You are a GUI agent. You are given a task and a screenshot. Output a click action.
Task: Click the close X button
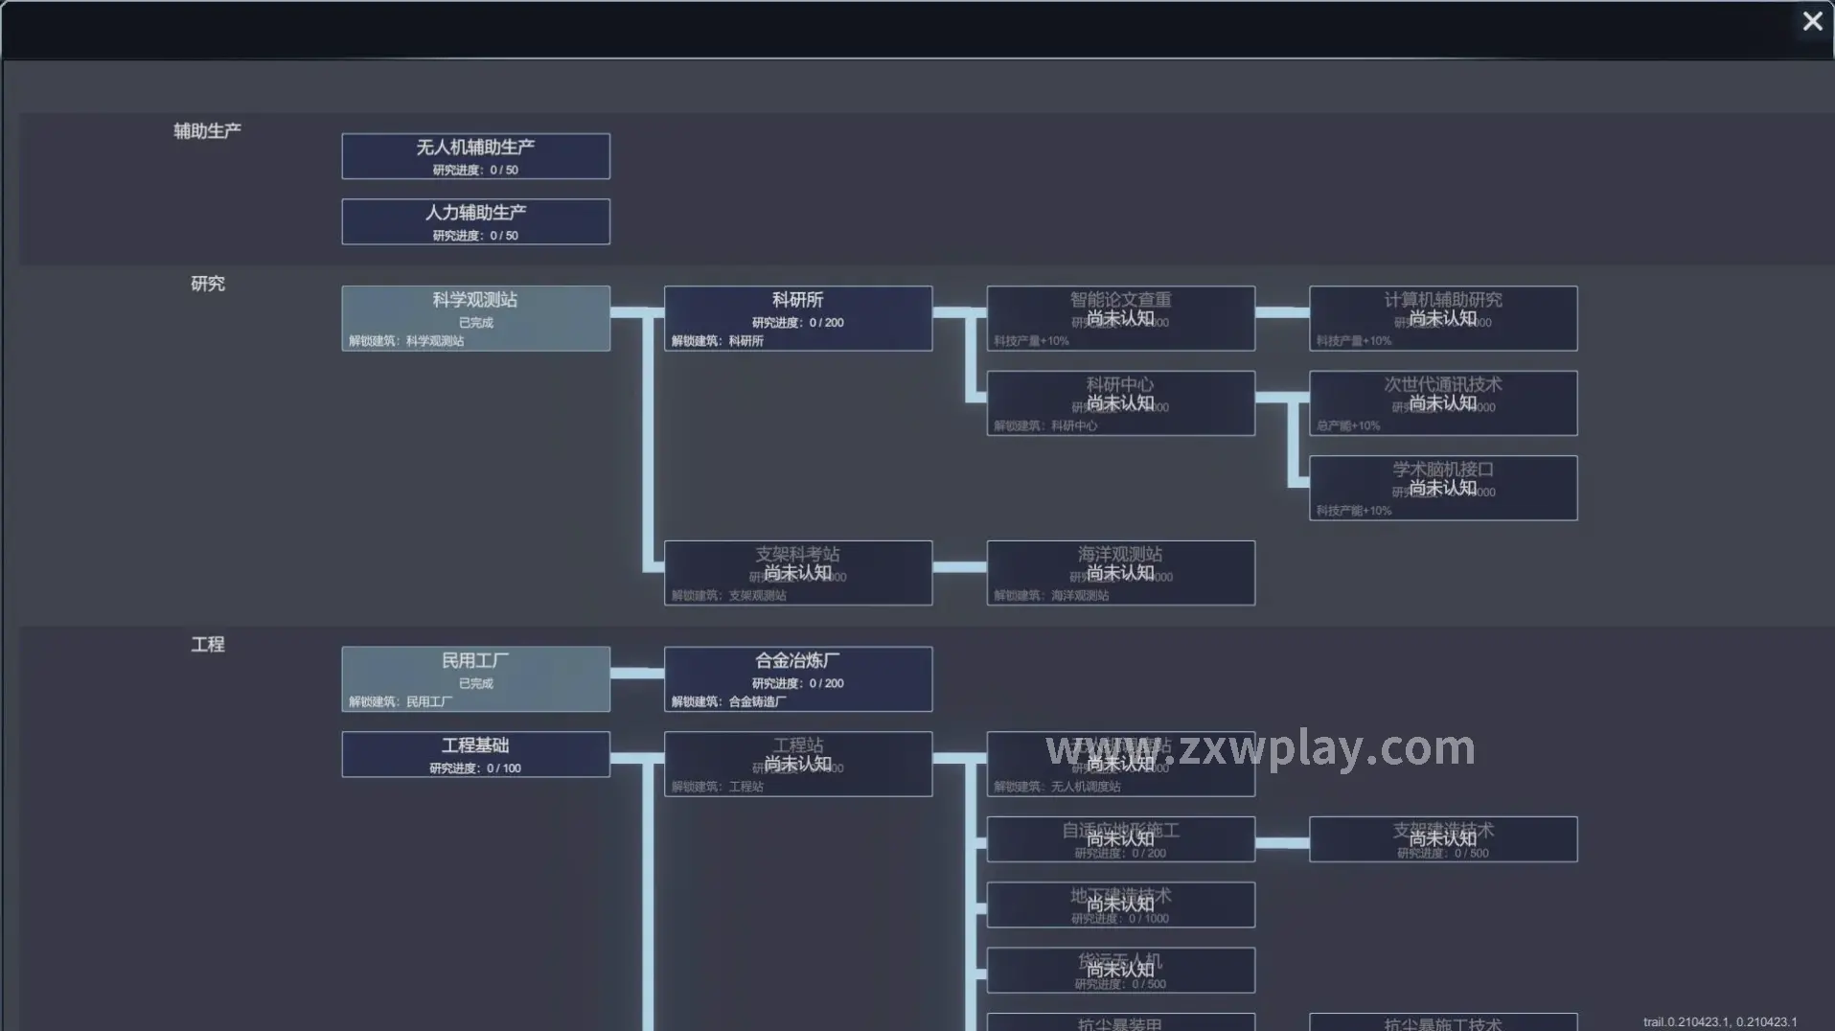pyautogui.click(x=1812, y=21)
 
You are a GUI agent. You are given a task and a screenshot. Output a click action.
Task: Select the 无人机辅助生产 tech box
pyautogui.click(x=475, y=156)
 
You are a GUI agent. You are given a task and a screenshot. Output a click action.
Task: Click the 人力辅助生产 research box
pyautogui.click(x=475, y=221)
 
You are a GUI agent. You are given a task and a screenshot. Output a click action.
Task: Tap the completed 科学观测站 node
pyautogui.click(x=475, y=318)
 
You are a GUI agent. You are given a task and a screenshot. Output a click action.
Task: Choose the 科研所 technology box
pyautogui.click(x=797, y=318)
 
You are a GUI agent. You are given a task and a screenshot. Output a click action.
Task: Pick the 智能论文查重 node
pyautogui.click(x=1120, y=318)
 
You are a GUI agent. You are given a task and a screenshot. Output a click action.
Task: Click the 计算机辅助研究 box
pyautogui.click(x=1442, y=318)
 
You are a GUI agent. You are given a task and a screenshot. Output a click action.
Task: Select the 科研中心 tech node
pyautogui.click(x=1120, y=403)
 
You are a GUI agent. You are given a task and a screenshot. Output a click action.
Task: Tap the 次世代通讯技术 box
pyautogui.click(x=1442, y=403)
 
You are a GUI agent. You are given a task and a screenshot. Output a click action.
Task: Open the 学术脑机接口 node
pyautogui.click(x=1442, y=488)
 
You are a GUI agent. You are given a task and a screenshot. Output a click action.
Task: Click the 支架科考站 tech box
pyautogui.click(x=797, y=573)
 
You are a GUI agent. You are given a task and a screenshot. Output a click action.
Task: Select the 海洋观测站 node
pyautogui.click(x=1120, y=573)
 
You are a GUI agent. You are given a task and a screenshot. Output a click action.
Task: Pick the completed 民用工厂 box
pyautogui.click(x=475, y=679)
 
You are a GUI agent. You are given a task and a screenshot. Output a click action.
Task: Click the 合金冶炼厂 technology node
pyautogui.click(x=797, y=679)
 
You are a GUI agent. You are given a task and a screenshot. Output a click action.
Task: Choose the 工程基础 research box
pyautogui.click(x=475, y=755)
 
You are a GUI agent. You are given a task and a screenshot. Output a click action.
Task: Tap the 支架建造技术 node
pyautogui.click(x=1442, y=839)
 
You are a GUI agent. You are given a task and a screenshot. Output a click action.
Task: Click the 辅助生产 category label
pyautogui.click(x=207, y=131)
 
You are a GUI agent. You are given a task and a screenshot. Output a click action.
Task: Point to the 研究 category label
pyautogui.click(x=207, y=284)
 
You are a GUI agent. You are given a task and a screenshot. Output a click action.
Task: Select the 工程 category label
pyautogui.click(x=207, y=645)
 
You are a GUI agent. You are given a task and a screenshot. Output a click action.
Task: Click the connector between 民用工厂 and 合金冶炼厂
pyautogui.click(x=636, y=673)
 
